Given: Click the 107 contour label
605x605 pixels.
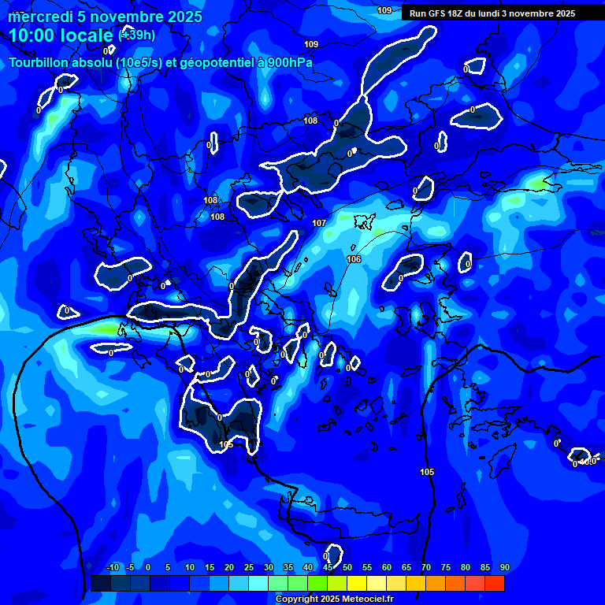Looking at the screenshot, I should click(x=319, y=224).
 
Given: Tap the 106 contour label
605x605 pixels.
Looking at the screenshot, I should click(x=354, y=259).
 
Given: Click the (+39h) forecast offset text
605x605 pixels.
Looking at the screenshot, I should click(x=136, y=35).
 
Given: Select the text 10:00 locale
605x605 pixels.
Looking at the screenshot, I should click(x=61, y=35).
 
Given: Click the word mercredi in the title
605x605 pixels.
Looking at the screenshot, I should click(x=39, y=17).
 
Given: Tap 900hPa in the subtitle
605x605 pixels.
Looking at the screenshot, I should click(x=290, y=62).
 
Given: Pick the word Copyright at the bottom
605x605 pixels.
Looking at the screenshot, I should click(x=298, y=599).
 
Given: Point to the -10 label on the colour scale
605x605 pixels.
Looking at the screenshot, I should click(x=112, y=568).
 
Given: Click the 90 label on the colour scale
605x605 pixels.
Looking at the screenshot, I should click(x=505, y=568).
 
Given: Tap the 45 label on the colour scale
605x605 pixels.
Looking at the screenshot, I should click(x=328, y=568).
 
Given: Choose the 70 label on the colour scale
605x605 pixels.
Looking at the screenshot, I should click(x=426, y=568).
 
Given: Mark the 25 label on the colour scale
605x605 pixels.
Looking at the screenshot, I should click(x=249, y=568).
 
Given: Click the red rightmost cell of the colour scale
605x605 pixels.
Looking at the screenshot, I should click(x=494, y=583).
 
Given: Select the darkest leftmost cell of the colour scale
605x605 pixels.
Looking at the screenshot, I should click(x=101, y=583).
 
